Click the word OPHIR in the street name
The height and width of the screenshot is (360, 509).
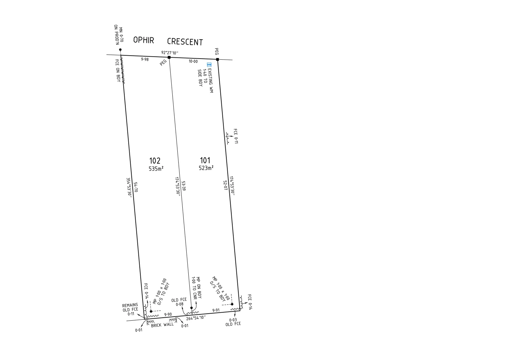tap(143, 40)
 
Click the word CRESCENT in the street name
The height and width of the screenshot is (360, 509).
tap(185, 42)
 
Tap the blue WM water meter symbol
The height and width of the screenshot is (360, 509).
tap(209, 65)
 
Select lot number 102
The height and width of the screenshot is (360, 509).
tap(155, 161)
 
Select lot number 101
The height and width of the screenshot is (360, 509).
tap(205, 160)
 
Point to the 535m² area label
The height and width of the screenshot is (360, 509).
tap(156, 168)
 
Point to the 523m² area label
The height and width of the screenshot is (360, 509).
tap(206, 168)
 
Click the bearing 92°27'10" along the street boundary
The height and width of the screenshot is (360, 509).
tap(170, 53)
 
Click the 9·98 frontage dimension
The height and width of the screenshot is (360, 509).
tap(145, 59)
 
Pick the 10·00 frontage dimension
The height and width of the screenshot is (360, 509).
tap(193, 61)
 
